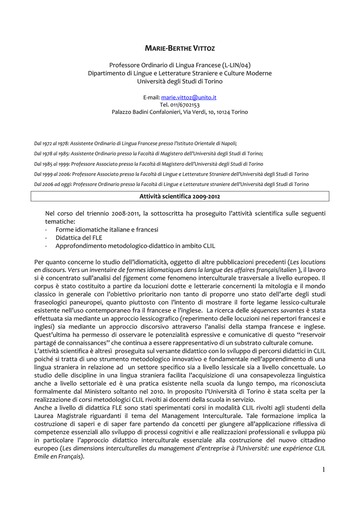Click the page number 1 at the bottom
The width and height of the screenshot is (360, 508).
323,470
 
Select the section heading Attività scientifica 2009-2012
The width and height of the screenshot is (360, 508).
180,196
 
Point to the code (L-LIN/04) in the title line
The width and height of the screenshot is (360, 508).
236,65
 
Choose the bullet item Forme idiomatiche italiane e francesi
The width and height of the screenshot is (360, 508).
107,230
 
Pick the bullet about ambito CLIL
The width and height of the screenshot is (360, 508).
135,246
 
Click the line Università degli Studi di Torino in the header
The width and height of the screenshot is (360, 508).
180,81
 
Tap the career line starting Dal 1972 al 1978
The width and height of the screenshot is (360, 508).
136,143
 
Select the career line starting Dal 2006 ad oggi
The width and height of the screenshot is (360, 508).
171,184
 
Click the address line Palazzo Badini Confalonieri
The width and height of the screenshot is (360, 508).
180,112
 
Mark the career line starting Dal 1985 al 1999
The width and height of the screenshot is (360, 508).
148,164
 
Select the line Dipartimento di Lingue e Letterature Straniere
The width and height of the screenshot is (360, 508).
180,73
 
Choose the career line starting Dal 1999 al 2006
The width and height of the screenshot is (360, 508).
171,174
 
